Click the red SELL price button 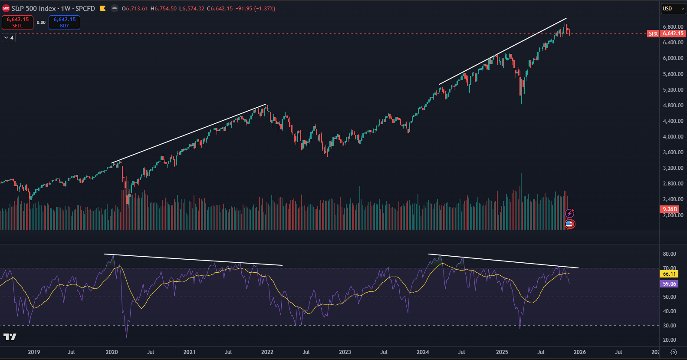(x=17, y=22)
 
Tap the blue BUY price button (x=64, y=22)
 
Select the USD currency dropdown (x=673, y=9)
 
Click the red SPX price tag (x=653, y=33)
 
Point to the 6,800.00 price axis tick (x=673, y=27)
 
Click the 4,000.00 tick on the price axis (x=673, y=137)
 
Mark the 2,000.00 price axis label (x=673, y=215)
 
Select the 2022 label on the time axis (x=267, y=352)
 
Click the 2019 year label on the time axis (x=34, y=352)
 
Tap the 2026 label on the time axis (x=580, y=352)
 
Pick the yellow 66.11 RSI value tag (x=669, y=274)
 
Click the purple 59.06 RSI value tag (x=669, y=284)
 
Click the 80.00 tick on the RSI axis (x=670, y=254)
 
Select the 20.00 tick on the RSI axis (x=670, y=340)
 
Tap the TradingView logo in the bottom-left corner (x=10, y=337)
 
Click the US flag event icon (x=569, y=224)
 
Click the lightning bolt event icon (x=569, y=213)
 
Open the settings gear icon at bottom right (x=674, y=352)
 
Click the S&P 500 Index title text (x=53, y=9)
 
